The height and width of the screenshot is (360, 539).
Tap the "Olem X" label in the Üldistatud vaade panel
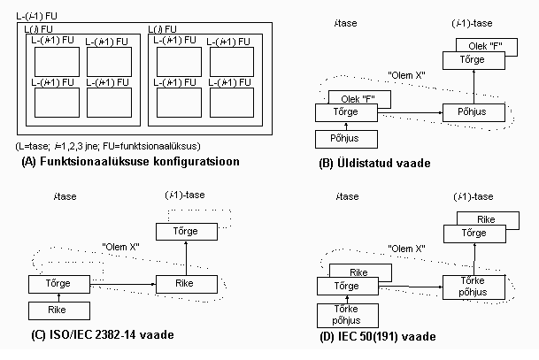pyautogui.click(x=410, y=74)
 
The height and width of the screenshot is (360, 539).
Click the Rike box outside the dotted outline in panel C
pyautogui.click(x=56, y=310)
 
